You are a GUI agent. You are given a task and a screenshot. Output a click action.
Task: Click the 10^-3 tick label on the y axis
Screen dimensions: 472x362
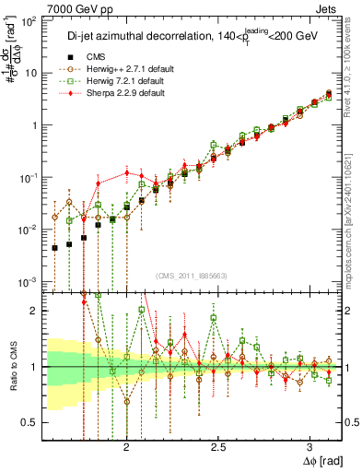pos(29,281)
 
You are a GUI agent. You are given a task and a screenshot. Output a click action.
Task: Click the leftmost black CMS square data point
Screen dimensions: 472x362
pos(55,247)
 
